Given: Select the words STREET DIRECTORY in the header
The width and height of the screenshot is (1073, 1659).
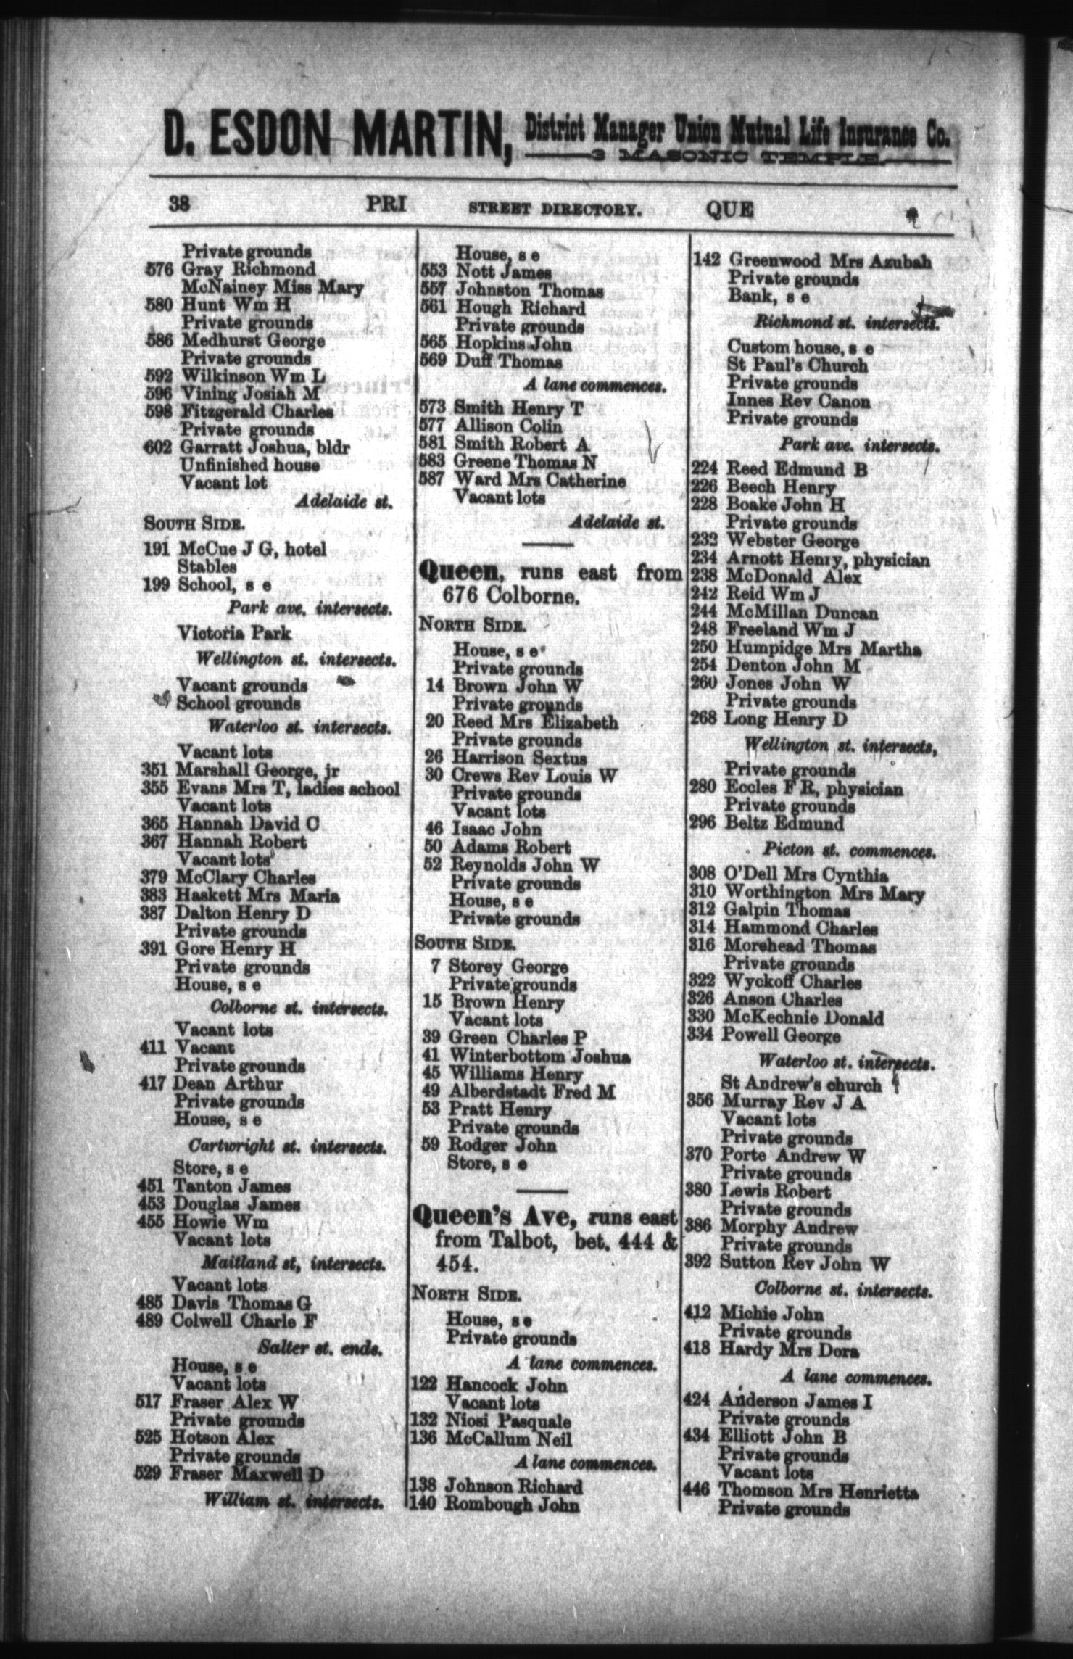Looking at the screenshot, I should [555, 211].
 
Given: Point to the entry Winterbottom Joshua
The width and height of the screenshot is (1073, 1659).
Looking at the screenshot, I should [540, 1056].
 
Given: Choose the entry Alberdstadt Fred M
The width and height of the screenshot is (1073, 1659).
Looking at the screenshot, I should [532, 1092].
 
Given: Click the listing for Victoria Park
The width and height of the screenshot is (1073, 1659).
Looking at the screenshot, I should [234, 634].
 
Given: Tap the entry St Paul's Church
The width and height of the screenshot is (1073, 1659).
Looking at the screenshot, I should [797, 365].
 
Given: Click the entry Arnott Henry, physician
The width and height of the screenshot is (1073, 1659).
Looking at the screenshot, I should [828, 560].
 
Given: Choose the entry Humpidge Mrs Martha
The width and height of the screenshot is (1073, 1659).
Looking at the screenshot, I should [823, 649].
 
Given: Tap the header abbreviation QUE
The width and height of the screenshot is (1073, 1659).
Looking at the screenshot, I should [729, 210].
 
